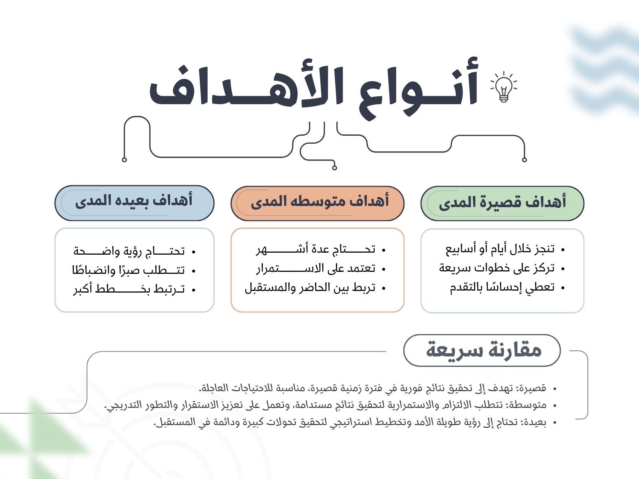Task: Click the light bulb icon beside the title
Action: pyautogui.click(x=504, y=87)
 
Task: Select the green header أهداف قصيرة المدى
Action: pyautogui.click(x=502, y=203)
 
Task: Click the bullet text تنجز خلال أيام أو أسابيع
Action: pyautogui.click(x=500, y=249)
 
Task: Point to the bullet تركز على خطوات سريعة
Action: pyautogui.click(x=497, y=268)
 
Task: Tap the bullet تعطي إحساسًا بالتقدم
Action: pyautogui.click(x=502, y=287)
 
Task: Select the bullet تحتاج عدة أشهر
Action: pyautogui.click(x=316, y=249)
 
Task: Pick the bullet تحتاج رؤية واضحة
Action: pyautogui.click(x=129, y=251)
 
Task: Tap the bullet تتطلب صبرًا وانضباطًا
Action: pyautogui.click(x=128, y=271)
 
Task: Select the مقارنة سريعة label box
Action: pyautogui.click(x=482, y=350)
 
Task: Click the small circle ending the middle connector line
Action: pyautogui.click(x=335, y=168)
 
